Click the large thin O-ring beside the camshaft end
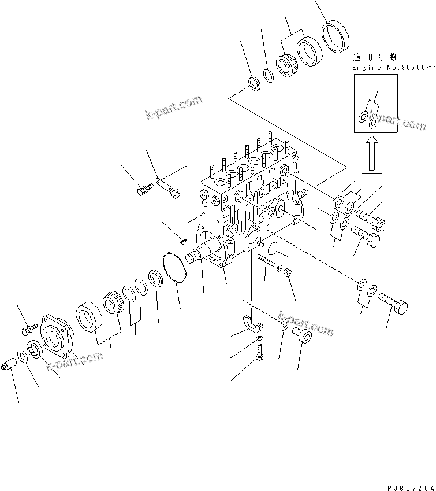tap(174, 268)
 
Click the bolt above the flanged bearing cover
tap(28, 330)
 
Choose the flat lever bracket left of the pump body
tap(169, 187)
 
